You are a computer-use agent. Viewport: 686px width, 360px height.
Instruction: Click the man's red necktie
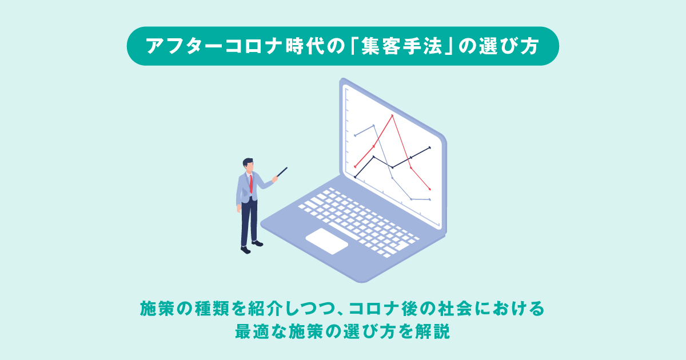(x=251, y=183)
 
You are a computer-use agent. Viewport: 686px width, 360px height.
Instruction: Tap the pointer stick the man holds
(x=282, y=172)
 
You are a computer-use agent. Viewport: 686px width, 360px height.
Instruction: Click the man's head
(x=248, y=165)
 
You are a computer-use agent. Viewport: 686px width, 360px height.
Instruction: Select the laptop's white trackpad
(x=327, y=241)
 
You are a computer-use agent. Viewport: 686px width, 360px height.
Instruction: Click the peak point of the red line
(x=392, y=115)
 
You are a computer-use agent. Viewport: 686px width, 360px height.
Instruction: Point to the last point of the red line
(x=430, y=189)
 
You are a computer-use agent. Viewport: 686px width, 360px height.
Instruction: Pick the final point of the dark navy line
(x=430, y=147)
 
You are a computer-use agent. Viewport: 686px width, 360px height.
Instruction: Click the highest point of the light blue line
(x=373, y=125)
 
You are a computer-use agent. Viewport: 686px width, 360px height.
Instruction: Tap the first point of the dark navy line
(x=355, y=177)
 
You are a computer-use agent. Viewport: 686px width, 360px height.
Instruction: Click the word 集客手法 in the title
(x=401, y=46)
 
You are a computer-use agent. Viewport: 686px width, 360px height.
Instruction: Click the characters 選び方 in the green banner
(x=509, y=46)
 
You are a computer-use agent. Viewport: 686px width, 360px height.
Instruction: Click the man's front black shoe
(x=246, y=250)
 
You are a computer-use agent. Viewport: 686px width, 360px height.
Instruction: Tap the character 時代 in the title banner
(x=305, y=46)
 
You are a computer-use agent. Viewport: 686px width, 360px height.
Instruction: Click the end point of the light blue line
(x=430, y=199)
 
